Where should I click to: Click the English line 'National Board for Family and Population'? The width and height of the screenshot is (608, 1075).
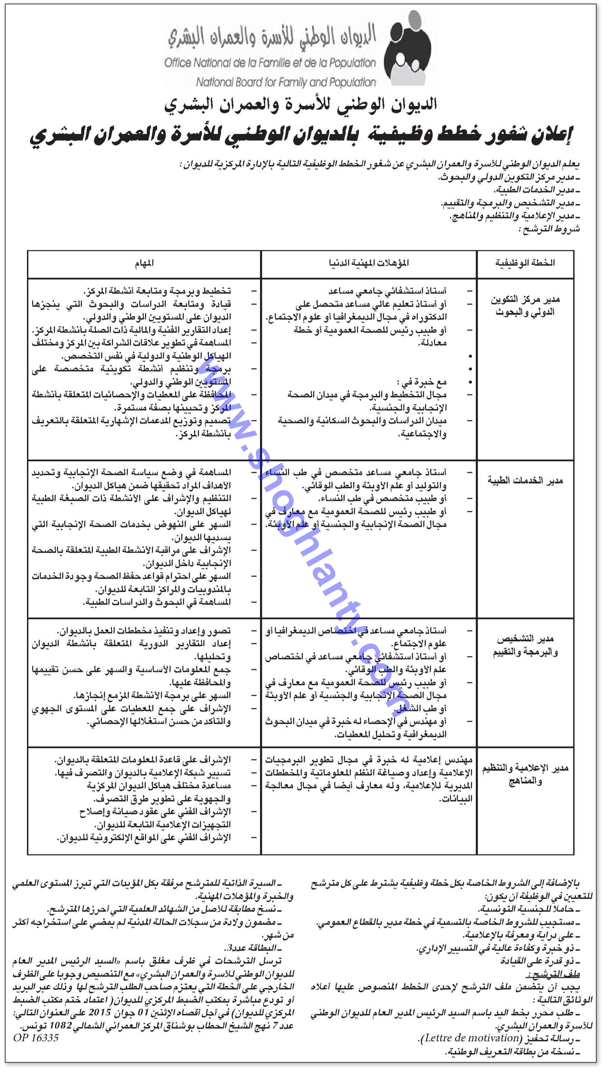(x=286, y=82)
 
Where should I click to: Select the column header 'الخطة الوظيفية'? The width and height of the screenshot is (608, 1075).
(x=525, y=263)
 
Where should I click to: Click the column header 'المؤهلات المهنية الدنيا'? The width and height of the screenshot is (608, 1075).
(x=369, y=263)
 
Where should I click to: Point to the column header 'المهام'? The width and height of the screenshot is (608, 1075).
(x=144, y=263)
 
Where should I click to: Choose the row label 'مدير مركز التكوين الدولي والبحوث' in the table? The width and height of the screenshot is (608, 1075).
(x=525, y=306)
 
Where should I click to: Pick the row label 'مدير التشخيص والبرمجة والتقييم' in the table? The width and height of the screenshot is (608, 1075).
(x=525, y=646)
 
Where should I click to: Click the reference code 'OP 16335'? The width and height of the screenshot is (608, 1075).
(x=36, y=1037)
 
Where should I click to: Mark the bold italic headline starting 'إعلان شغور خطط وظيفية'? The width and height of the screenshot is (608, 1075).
(x=301, y=136)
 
